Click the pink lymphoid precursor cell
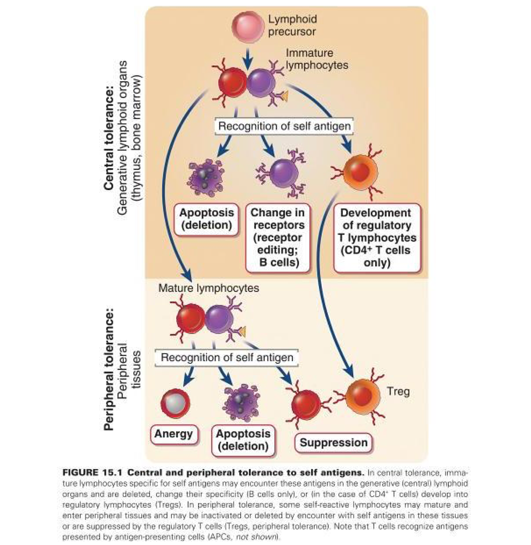[248, 27]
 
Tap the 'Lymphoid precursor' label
[292, 25]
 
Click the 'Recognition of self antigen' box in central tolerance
[284, 126]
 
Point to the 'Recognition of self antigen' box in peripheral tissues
[227, 358]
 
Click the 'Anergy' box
[174, 434]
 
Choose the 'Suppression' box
[333, 443]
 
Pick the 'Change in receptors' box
[278, 237]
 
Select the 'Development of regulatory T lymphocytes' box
[377, 237]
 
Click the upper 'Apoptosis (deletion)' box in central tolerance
[207, 219]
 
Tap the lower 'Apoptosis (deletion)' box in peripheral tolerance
[243, 440]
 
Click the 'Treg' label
[398, 391]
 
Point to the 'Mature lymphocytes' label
[209, 288]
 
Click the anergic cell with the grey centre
[175, 403]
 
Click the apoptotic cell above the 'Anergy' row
[241, 402]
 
